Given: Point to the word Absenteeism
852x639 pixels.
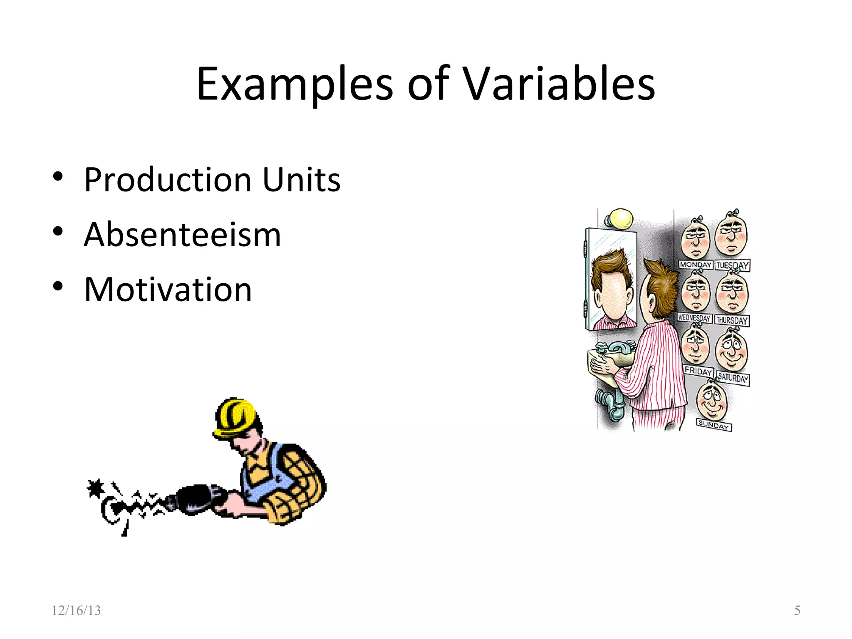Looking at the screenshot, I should click(182, 235).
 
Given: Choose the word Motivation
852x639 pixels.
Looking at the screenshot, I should click(168, 290).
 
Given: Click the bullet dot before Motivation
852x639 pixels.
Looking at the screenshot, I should click(58, 287).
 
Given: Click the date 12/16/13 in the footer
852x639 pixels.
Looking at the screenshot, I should click(76, 610).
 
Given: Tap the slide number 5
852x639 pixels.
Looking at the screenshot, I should click(797, 610).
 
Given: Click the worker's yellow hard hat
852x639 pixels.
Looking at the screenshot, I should click(235, 418).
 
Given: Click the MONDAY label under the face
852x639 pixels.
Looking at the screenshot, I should click(696, 265).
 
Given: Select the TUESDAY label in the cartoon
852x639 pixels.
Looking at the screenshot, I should click(733, 265).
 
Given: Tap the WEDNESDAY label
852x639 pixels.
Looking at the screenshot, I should click(694, 318).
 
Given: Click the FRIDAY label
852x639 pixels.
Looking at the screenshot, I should click(698, 371).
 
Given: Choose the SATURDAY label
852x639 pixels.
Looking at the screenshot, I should click(733, 378).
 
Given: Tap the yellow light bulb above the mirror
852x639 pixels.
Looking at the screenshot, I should click(620, 219).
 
